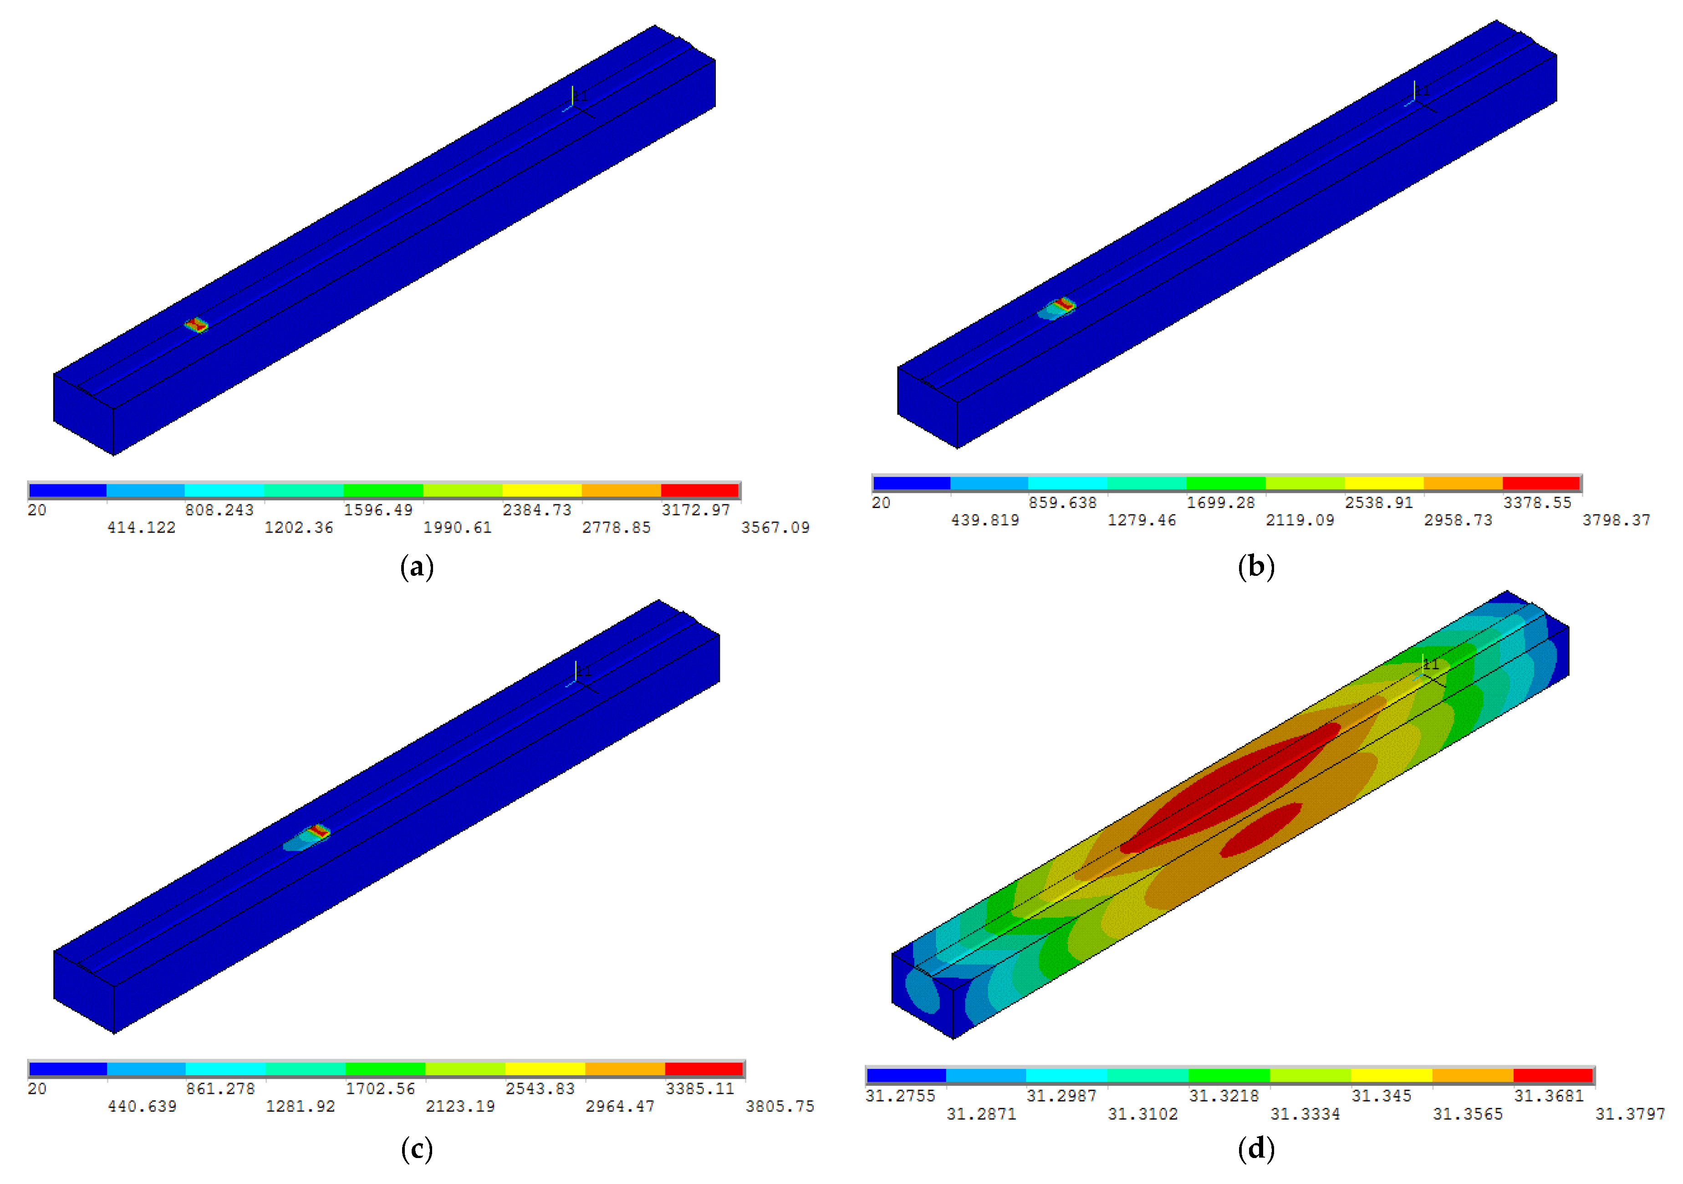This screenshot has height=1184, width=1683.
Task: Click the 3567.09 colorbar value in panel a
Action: coord(775,528)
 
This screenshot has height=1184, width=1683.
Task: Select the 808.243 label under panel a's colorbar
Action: coord(219,510)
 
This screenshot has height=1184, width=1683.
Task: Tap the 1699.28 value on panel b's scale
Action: coord(1220,503)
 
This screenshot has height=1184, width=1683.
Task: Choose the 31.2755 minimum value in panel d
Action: coord(900,1096)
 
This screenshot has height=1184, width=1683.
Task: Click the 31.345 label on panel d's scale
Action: coord(1381,1096)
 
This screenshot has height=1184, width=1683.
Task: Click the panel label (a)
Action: coord(417,567)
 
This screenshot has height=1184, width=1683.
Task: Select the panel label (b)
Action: coord(1256,567)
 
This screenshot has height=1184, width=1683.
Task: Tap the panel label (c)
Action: coord(417,1149)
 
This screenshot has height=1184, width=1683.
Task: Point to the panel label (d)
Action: coord(1256,1149)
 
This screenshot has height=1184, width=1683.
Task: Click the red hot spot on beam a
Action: coord(196,325)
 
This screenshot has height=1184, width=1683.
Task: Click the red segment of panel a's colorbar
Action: coord(699,490)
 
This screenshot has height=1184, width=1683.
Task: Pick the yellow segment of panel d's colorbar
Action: coord(1391,1076)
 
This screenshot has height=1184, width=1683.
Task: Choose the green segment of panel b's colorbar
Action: coord(1226,483)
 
